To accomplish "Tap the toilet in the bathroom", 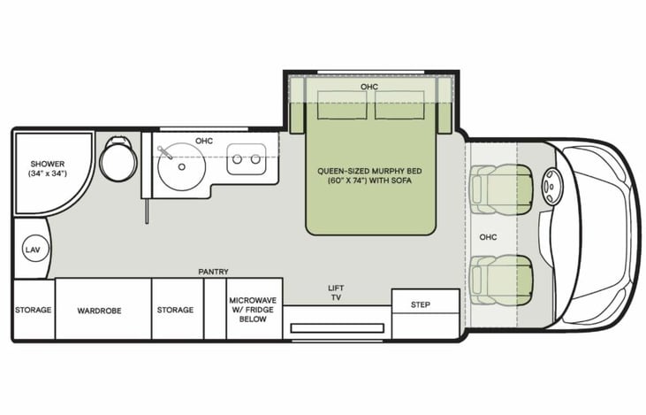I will tap(113, 160).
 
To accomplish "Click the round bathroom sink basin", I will tap(182, 165).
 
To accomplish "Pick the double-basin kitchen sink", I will tap(245, 161).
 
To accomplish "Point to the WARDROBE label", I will tap(99, 311).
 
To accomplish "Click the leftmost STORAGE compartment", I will tap(33, 311).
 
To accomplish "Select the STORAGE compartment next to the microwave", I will tap(175, 311).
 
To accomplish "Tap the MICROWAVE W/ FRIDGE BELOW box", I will tap(253, 310).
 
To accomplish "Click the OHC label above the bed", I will tap(369, 87).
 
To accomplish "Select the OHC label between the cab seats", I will tap(489, 237).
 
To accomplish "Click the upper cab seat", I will tap(498, 188).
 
